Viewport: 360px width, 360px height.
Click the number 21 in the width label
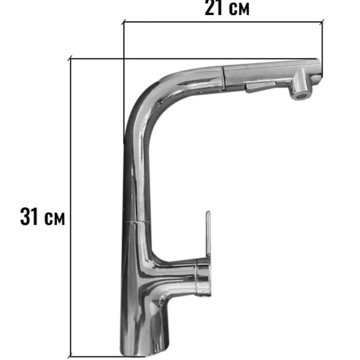point(213,8)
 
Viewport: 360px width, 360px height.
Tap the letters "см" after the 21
point(239,9)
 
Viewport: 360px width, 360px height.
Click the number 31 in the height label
point(29,216)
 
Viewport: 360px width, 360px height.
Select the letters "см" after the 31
point(54,218)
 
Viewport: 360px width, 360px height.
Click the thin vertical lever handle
point(208,234)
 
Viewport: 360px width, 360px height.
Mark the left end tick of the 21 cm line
point(124,22)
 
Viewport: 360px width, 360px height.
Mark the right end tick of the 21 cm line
point(322,22)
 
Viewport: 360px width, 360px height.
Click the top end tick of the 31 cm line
point(70,58)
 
